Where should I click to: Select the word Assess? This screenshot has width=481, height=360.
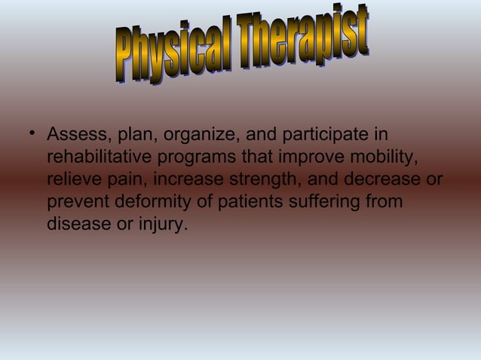tap(76, 136)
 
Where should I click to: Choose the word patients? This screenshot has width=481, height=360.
tap(238, 203)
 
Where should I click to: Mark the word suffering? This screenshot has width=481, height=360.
tap(320, 203)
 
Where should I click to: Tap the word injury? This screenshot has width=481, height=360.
tap(158, 224)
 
